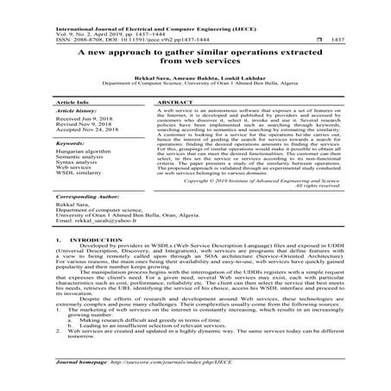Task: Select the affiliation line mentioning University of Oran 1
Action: tap(195, 85)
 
